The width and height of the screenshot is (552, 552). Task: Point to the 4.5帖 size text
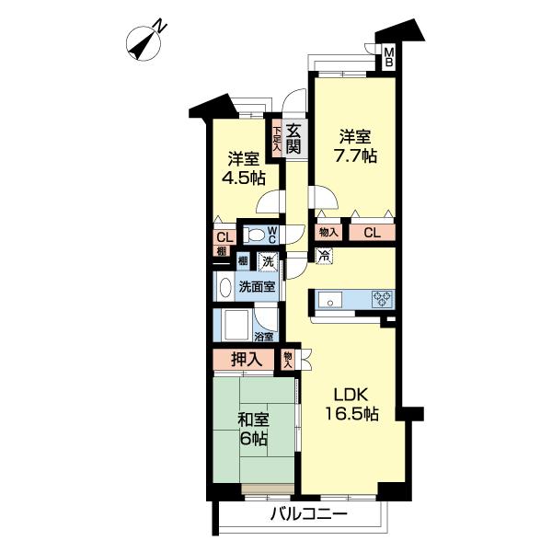[238, 176]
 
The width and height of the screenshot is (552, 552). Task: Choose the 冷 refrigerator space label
[324, 257]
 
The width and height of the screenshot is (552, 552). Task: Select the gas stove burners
[382, 299]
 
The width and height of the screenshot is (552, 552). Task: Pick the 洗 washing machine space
[267, 262]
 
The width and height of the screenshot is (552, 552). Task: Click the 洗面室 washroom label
[257, 285]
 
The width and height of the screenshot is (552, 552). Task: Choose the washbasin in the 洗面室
[223, 286]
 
